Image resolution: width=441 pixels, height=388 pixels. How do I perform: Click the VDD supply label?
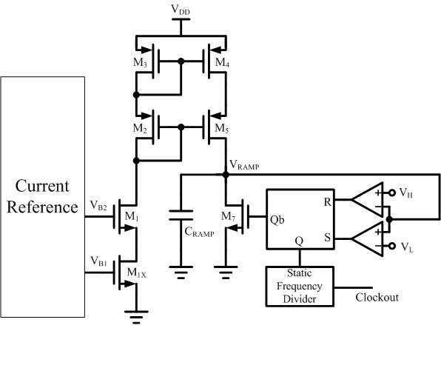[181, 10]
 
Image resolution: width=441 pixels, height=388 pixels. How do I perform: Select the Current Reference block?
[42, 197]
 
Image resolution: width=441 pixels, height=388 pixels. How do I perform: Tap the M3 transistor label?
[140, 62]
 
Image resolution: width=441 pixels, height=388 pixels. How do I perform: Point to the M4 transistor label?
[222, 62]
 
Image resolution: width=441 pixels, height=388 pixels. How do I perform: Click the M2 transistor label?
[140, 128]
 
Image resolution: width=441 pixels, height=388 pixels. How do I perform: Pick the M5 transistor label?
[222, 128]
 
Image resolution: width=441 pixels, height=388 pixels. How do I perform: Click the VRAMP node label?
[244, 165]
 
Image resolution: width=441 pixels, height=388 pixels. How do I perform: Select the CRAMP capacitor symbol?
[181, 215]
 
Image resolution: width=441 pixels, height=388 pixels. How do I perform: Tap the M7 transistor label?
[229, 217]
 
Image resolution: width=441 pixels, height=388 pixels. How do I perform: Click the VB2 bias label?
[98, 205]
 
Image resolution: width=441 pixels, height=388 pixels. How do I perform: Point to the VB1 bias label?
[98, 261]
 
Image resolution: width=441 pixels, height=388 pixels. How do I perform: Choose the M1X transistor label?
[137, 272]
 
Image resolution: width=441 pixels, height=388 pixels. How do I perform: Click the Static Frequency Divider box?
[300, 286]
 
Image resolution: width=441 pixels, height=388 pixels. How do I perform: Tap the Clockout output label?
[377, 298]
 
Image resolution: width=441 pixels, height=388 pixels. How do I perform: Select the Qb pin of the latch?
[277, 220]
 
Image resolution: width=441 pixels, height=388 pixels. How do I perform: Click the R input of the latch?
[327, 201]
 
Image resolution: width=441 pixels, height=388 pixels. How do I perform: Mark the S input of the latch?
[327, 238]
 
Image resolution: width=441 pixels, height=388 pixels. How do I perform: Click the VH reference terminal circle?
[391, 193]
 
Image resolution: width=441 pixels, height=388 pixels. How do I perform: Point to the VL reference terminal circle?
[391, 246]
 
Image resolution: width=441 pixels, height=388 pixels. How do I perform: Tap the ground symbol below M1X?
[136, 317]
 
